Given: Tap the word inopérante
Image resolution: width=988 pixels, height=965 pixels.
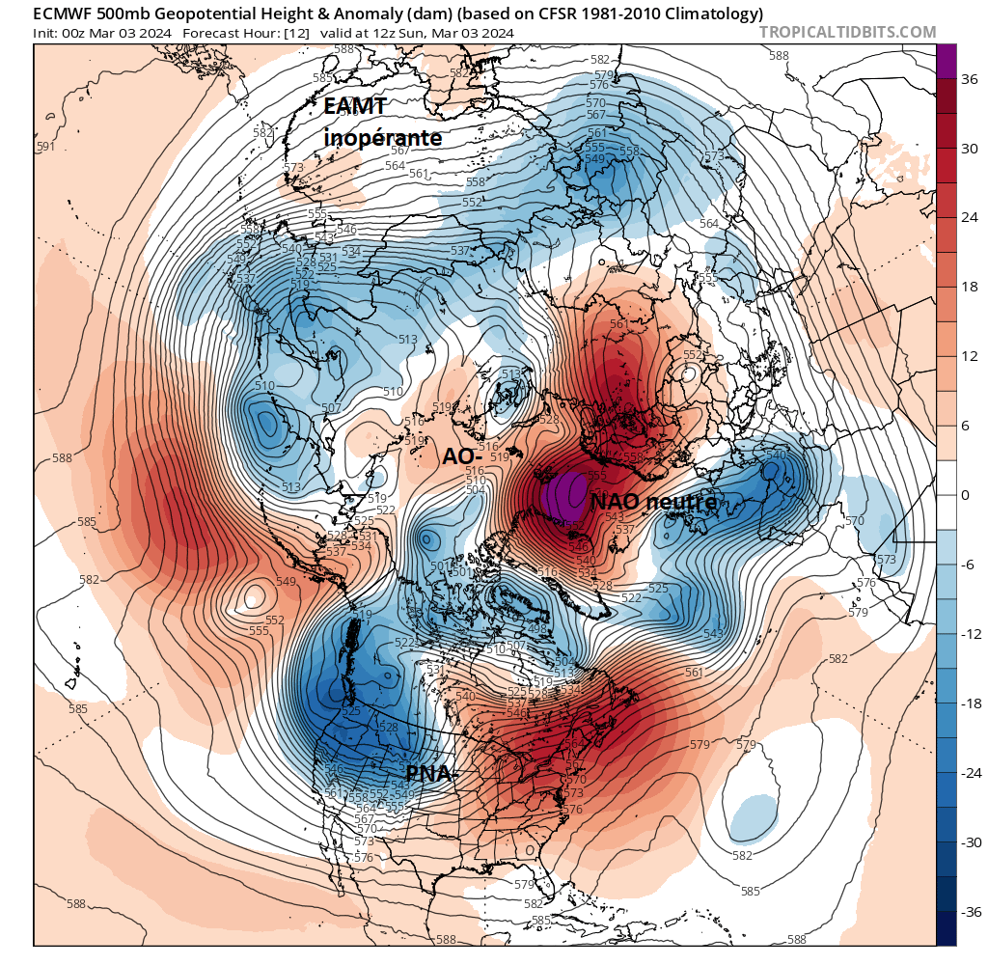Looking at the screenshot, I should pos(382,138).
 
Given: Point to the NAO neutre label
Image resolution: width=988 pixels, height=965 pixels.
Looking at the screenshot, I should pos(653,502).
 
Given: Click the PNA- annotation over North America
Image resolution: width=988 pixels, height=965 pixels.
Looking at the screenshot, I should pos(429,774).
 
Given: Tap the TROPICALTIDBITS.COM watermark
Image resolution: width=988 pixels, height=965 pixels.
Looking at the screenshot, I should pos(847,32).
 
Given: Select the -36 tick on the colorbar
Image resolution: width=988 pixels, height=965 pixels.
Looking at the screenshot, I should pos(968,912).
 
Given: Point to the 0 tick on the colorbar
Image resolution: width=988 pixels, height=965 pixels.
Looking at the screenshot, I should pos(965,495).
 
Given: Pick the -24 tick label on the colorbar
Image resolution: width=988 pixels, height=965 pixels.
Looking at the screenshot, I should pos(969,773).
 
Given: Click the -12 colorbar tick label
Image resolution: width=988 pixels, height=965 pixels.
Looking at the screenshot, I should pos(969,634).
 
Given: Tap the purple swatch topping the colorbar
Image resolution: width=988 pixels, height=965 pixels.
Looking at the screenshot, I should pos(947,61).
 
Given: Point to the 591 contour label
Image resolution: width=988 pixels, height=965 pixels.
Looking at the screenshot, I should pos(44,147).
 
